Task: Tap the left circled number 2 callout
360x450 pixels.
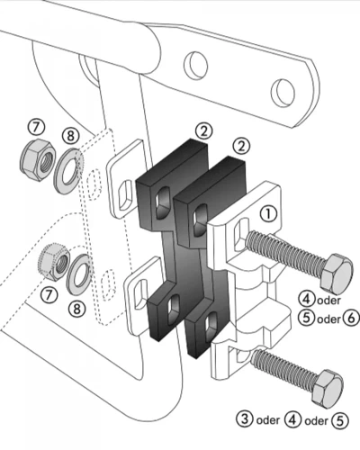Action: (206, 130)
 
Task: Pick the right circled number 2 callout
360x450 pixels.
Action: (240, 144)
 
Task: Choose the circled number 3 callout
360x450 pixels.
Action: (244, 418)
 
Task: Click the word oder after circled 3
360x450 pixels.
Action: (269, 418)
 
